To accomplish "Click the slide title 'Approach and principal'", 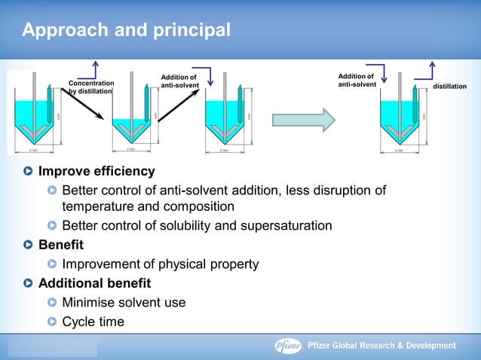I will tap(126, 31).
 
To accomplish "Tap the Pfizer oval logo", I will tap(288, 346).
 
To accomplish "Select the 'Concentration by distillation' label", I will tap(91, 87).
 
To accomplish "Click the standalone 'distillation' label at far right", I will tap(449, 87).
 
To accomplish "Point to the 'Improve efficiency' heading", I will tap(97, 171).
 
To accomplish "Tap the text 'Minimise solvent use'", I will tap(124, 303).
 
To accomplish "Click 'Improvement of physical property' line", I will tap(160, 264).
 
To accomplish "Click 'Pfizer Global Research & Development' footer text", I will tap(382, 346).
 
